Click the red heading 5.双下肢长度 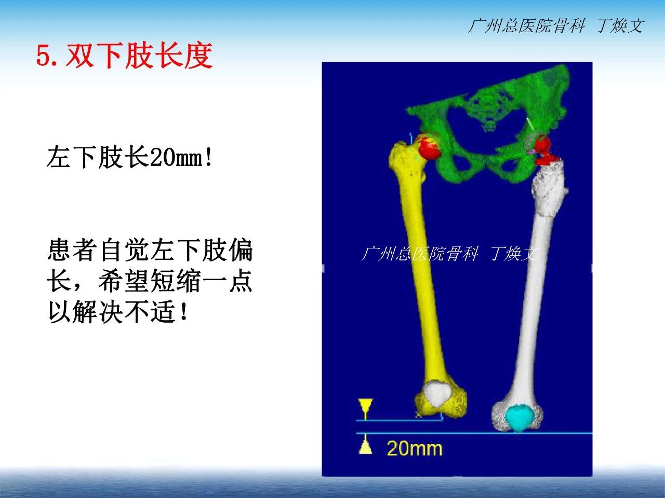point(124,56)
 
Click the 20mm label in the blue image point(414,448)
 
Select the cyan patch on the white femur point(518,418)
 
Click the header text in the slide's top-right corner point(556,26)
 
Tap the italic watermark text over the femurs point(449,253)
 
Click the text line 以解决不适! point(117,312)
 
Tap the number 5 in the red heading point(43,57)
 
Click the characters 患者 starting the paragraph point(72,250)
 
